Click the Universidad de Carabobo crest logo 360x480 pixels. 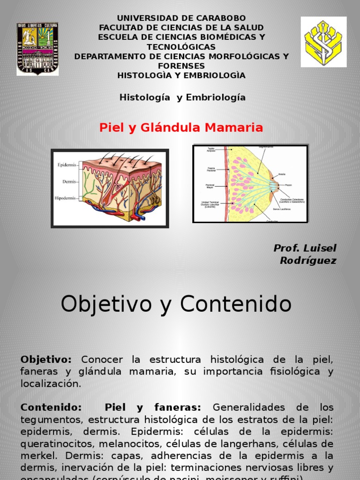point(37,49)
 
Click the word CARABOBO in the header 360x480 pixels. point(219,18)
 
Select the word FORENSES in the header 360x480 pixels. point(181,66)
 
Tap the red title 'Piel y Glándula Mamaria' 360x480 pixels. point(181,127)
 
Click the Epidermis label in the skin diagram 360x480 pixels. point(67,165)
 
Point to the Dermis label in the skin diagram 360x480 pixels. point(69,181)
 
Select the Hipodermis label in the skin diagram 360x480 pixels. point(65,198)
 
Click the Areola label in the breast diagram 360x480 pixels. point(282,174)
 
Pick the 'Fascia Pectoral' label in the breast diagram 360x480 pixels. point(211,169)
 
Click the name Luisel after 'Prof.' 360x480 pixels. point(320,248)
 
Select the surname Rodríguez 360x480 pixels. point(308,261)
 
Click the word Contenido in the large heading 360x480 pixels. point(236,305)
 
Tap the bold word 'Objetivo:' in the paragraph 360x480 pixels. point(46,360)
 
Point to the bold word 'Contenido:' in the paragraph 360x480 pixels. point(51,407)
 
